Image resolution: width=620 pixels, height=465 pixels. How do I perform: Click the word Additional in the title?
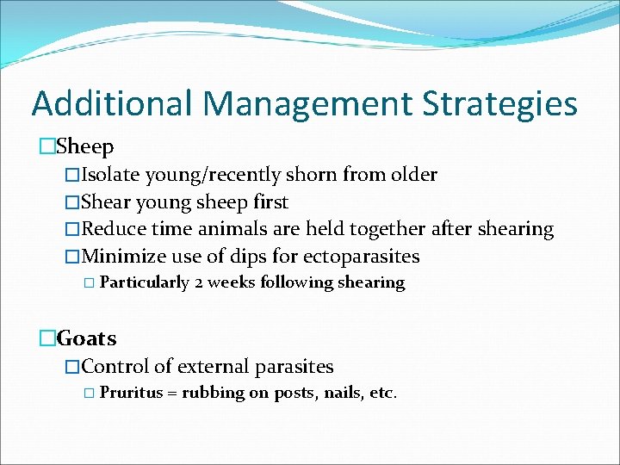pyautogui.click(x=113, y=103)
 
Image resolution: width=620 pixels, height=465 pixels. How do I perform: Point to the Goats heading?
pyautogui.click(x=87, y=338)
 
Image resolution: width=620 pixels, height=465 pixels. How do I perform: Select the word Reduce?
pyautogui.click(x=115, y=229)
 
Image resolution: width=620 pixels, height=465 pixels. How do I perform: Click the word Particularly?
pyautogui.click(x=145, y=282)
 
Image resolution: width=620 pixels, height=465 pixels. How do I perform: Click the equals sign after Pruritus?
pyautogui.click(x=172, y=394)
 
